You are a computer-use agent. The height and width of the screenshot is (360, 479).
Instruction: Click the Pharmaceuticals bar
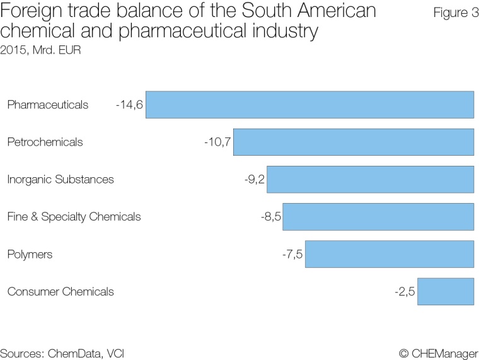(309, 105)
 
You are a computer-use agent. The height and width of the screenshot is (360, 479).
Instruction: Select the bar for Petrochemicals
(354, 142)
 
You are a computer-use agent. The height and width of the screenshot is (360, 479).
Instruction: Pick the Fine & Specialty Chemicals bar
(378, 217)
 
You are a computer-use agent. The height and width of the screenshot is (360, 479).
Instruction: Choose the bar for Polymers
(390, 254)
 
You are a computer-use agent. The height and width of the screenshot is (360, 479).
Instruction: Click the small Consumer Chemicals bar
(446, 292)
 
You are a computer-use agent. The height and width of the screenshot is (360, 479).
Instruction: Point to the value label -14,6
(129, 105)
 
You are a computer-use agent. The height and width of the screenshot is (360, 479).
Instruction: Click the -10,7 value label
(217, 142)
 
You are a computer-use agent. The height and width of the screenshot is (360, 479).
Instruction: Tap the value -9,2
(255, 180)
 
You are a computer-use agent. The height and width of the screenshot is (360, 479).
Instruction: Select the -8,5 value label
(270, 217)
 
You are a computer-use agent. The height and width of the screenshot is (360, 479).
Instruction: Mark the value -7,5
(293, 254)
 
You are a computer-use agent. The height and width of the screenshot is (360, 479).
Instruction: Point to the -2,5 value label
(405, 292)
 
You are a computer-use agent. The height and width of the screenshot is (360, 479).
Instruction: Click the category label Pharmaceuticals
(48, 105)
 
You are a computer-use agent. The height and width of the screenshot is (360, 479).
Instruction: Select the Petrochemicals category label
(45, 142)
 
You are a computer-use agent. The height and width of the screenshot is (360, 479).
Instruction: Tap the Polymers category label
(30, 254)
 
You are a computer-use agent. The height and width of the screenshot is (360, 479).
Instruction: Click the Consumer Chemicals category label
(61, 292)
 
